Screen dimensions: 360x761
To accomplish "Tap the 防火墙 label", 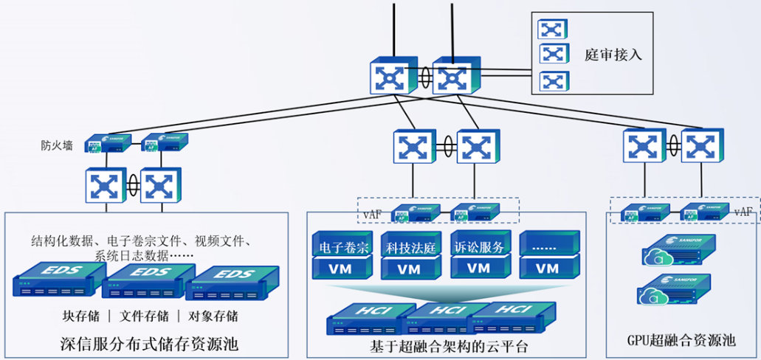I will (57, 145).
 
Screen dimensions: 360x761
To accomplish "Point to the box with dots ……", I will (547, 244).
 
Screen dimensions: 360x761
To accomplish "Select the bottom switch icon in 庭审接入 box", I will (554, 80).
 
